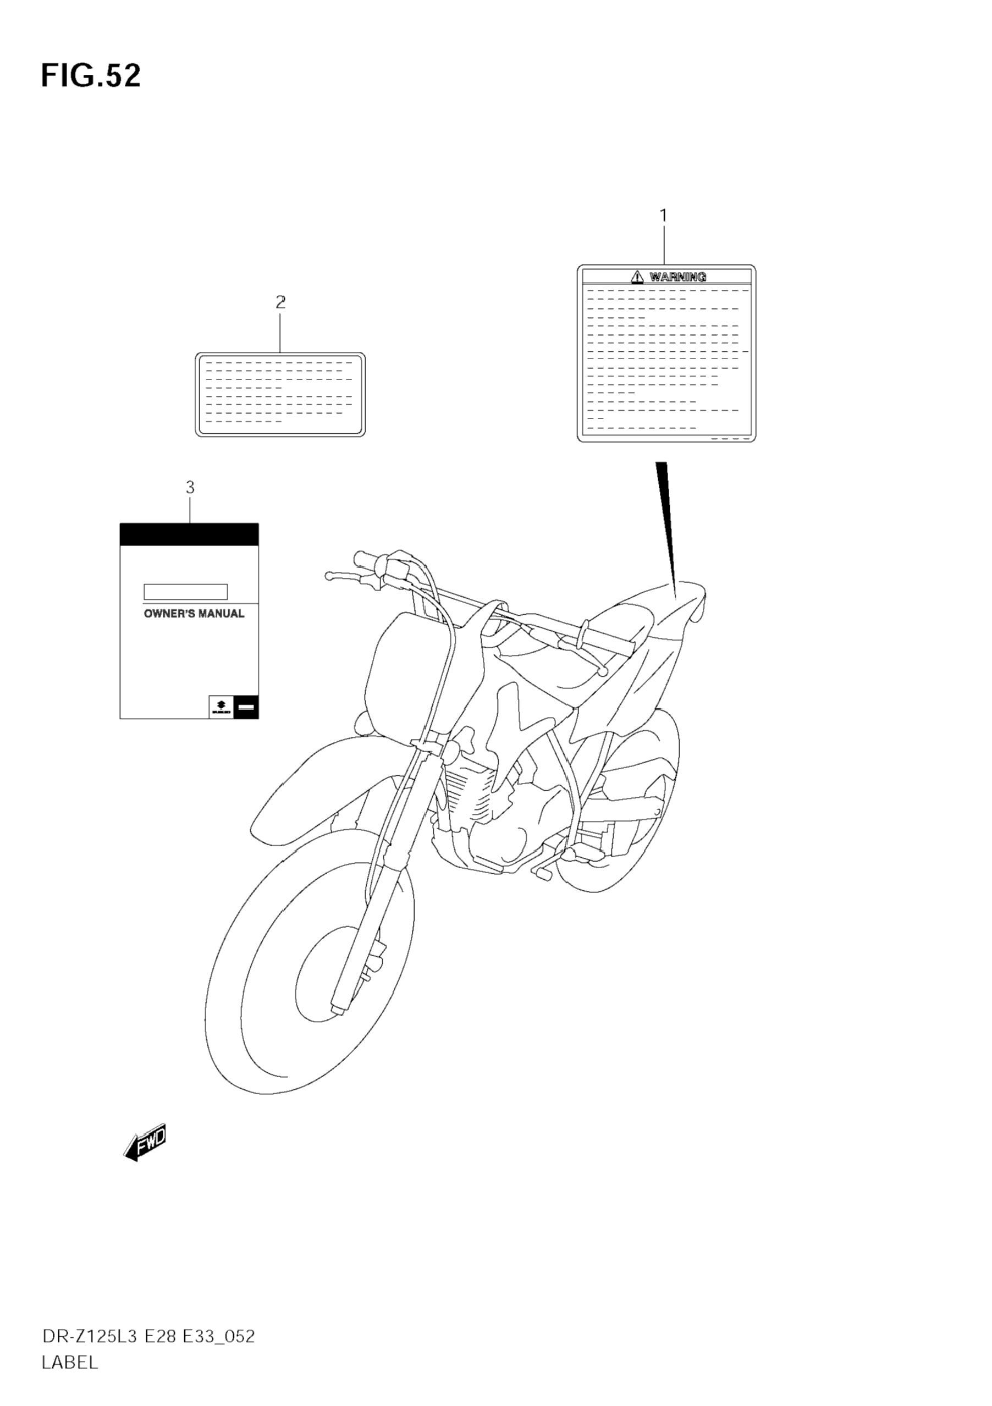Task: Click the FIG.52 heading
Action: coord(91,76)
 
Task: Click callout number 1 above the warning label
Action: coord(663,216)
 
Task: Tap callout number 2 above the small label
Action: coord(280,302)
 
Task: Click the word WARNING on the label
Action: coord(678,277)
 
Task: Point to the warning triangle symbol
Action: coord(637,277)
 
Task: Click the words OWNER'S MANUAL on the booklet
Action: coord(194,614)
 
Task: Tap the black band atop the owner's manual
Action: coord(189,534)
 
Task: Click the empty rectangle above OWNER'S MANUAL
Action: coord(185,592)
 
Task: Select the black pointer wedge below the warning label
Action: coord(668,521)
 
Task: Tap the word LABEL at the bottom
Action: coord(70,1363)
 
